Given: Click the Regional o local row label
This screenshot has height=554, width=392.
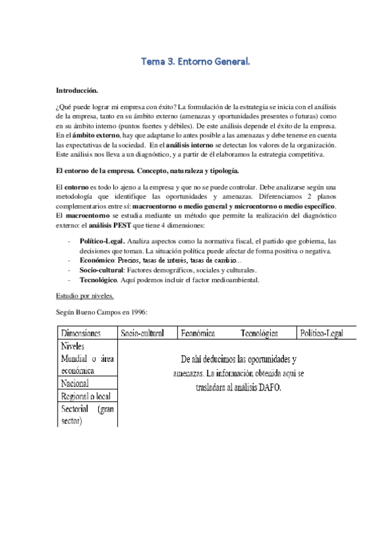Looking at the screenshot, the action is [x=85, y=396].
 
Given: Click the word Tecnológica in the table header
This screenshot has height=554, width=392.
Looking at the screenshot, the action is [x=258, y=334].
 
